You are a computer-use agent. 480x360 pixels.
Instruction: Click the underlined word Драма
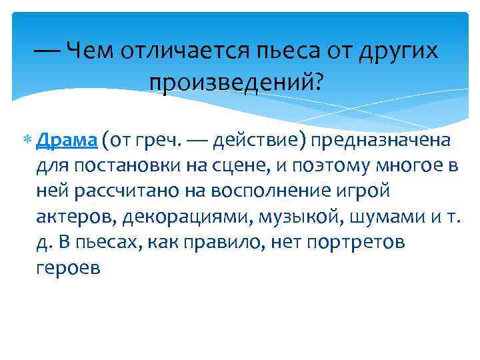pyautogui.click(x=67, y=141)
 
